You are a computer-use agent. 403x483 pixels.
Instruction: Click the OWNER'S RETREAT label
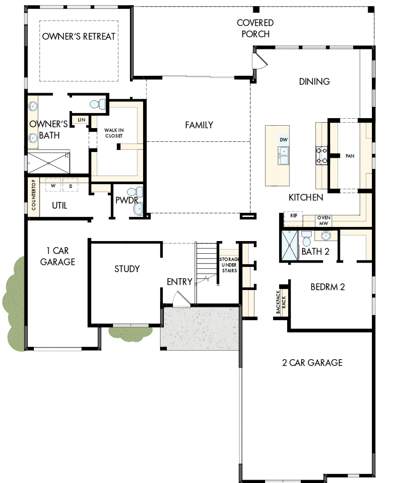(79, 37)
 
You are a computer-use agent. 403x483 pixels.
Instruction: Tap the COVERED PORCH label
(255, 28)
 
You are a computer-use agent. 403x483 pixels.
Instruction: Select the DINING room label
(314, 81)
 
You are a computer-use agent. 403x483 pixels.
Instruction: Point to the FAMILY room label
(199, 125)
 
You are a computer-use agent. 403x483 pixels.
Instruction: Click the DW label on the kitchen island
(283, 140)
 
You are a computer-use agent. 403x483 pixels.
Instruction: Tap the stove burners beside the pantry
(322, 156)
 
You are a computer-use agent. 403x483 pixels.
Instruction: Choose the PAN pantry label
(349, 155)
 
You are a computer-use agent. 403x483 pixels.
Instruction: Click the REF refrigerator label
(294, 215)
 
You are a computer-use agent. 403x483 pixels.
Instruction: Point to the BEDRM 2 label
(328, 286)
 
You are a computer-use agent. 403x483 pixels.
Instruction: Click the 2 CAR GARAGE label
(312, 362)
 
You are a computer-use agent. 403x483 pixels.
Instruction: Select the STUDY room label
(127, 269)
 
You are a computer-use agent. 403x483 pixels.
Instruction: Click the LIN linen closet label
(81, 120)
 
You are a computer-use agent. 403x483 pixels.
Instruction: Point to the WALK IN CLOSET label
(113, 133)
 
